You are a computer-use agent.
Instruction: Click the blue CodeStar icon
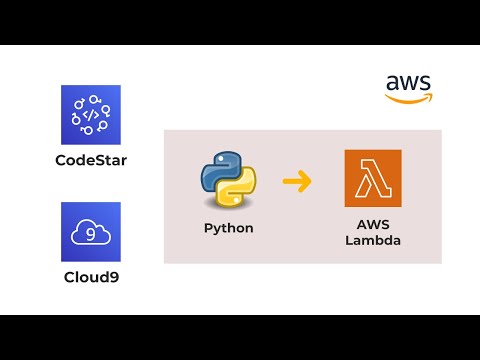(x=90, y=115)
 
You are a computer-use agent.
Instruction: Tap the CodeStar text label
(x=90, y=159)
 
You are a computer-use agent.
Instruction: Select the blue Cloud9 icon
(x=90, y=232)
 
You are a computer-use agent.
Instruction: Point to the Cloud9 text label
(x=90, y=275)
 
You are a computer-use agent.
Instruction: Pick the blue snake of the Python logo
(x=219, y=170)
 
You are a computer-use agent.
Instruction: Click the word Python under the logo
(x=228, y=228)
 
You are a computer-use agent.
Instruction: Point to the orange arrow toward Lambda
(x=297, y=181)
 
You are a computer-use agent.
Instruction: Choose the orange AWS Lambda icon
(x=372, y=178)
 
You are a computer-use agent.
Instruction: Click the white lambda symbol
(x=372, y=178)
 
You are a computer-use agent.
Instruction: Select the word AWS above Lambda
(x=372, y=226)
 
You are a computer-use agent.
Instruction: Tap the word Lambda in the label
(x=372, y=241)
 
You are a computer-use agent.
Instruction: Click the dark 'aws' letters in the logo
(x=408, y=83)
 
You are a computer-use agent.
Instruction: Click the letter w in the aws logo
(x=408, y=84)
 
